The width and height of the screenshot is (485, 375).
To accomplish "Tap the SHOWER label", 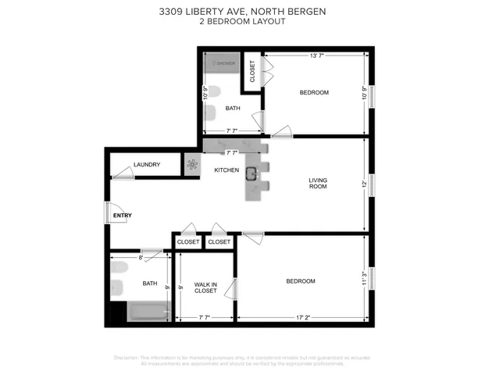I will click(x=224, y=63).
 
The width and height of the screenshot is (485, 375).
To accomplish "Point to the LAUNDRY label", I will click(x=147, y=165).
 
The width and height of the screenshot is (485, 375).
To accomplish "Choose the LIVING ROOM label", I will click(x=317, y=183).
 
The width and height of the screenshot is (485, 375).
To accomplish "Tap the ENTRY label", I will click(x=123, y=215).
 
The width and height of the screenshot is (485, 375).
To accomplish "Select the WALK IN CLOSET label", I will click(x=205, y=287).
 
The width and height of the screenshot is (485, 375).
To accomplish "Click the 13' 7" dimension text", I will click(x=317, y=56).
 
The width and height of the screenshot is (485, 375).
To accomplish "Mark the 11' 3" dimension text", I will click(x=364, y=278).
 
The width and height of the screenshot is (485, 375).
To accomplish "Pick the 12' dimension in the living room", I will click(x=364, y=184).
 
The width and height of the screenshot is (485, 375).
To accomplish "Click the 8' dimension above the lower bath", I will click(x=141, y=256).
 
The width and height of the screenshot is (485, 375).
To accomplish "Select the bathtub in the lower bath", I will click(x=148, y=312).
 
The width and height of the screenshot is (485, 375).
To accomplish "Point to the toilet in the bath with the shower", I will click(x=209, y=114).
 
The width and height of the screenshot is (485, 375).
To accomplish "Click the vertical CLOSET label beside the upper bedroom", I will click(x=252, y=71).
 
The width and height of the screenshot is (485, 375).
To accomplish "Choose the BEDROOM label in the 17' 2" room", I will click(x=300, y=281).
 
